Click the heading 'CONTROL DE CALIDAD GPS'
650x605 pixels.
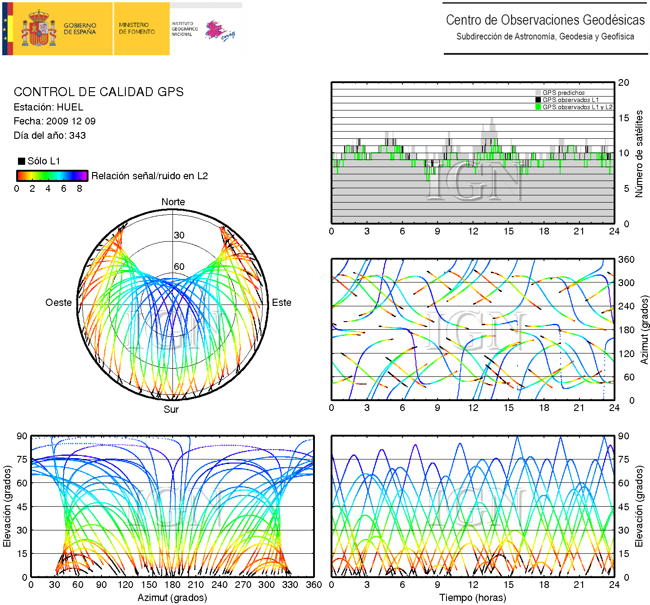(x=99, y=92)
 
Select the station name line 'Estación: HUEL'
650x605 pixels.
(x=49, y=107)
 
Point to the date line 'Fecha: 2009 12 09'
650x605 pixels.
(x=54, y=121)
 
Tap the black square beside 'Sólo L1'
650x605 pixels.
(x=21, y=161)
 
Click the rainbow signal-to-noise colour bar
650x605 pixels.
(x=52, y=176)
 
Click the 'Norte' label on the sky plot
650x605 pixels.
(x=173, y=202)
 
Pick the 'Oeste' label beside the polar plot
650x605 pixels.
(x=58, y=303)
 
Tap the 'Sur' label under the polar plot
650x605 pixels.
(x=171, y=410)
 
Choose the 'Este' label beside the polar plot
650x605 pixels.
(x=282, y=303)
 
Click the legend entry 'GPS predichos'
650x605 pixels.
(x=563, y=93)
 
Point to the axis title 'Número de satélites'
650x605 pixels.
(x=639, y=154)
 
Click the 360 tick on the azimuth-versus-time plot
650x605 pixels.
(x=626, y=260)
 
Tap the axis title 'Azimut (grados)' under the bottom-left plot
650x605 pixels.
(x=172, y=598)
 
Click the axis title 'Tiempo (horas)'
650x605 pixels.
(x=473, y=598)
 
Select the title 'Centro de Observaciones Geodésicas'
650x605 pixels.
(x=545, y=20)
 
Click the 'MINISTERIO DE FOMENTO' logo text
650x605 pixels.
(x=137, y=29)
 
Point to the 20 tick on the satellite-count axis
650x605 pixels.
(x=623, y=83)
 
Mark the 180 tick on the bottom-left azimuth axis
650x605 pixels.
(x=172, y=585)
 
